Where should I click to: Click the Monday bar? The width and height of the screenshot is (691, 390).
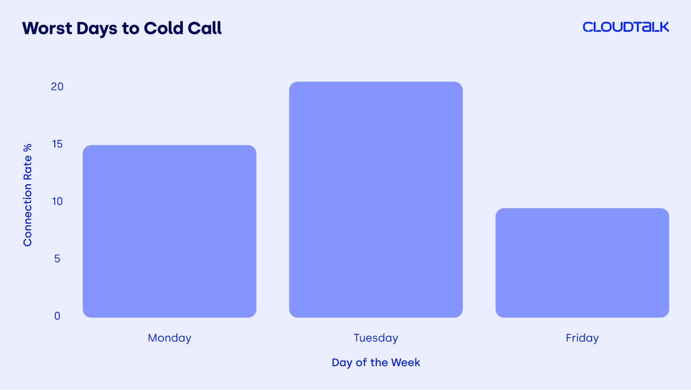click(x=169, y=231)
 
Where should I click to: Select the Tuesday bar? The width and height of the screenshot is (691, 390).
click(x=376, y=200)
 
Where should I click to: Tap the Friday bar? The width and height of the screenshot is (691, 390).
click(x=582, y=263)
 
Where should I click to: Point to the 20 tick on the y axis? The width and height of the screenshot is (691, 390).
click(x=57, y=87)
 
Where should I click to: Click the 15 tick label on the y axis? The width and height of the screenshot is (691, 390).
click(x=57, y=144)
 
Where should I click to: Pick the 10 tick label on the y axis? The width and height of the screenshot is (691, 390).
click(x=57, y=201)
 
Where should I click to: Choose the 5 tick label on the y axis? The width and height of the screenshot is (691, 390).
click(x=57, y=259)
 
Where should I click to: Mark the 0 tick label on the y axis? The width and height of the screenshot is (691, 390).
click(x=57, y=316)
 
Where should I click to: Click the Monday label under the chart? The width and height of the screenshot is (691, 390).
click(x=169, y=338)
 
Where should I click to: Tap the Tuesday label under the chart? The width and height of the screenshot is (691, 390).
click(x=376, y=338)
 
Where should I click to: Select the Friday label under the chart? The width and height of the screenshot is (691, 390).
click(x=582, y=338)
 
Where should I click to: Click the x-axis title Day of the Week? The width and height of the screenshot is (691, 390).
click(x=376, y=362)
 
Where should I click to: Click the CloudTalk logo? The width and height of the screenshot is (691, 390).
click(x=626, y=27)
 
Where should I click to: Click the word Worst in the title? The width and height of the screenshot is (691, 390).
click(x=47, y=28)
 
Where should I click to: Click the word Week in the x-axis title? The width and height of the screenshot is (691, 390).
click(x=405, y=362)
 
